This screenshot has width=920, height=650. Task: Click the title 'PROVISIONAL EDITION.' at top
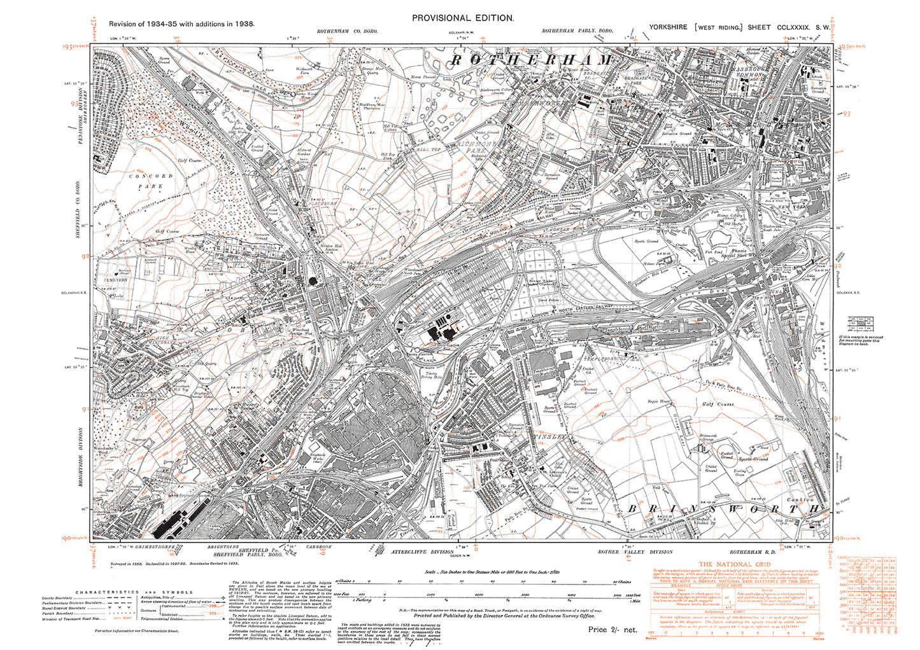pos(462,18)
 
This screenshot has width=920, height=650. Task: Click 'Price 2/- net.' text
pos(612,630)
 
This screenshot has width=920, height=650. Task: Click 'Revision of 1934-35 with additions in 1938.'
pos(181,24)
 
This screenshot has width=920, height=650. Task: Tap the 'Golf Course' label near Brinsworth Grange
pos(718,404)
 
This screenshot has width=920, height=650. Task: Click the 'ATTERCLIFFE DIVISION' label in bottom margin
pos(421,552)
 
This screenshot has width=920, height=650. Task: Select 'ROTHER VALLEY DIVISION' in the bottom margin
pos(635,552)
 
